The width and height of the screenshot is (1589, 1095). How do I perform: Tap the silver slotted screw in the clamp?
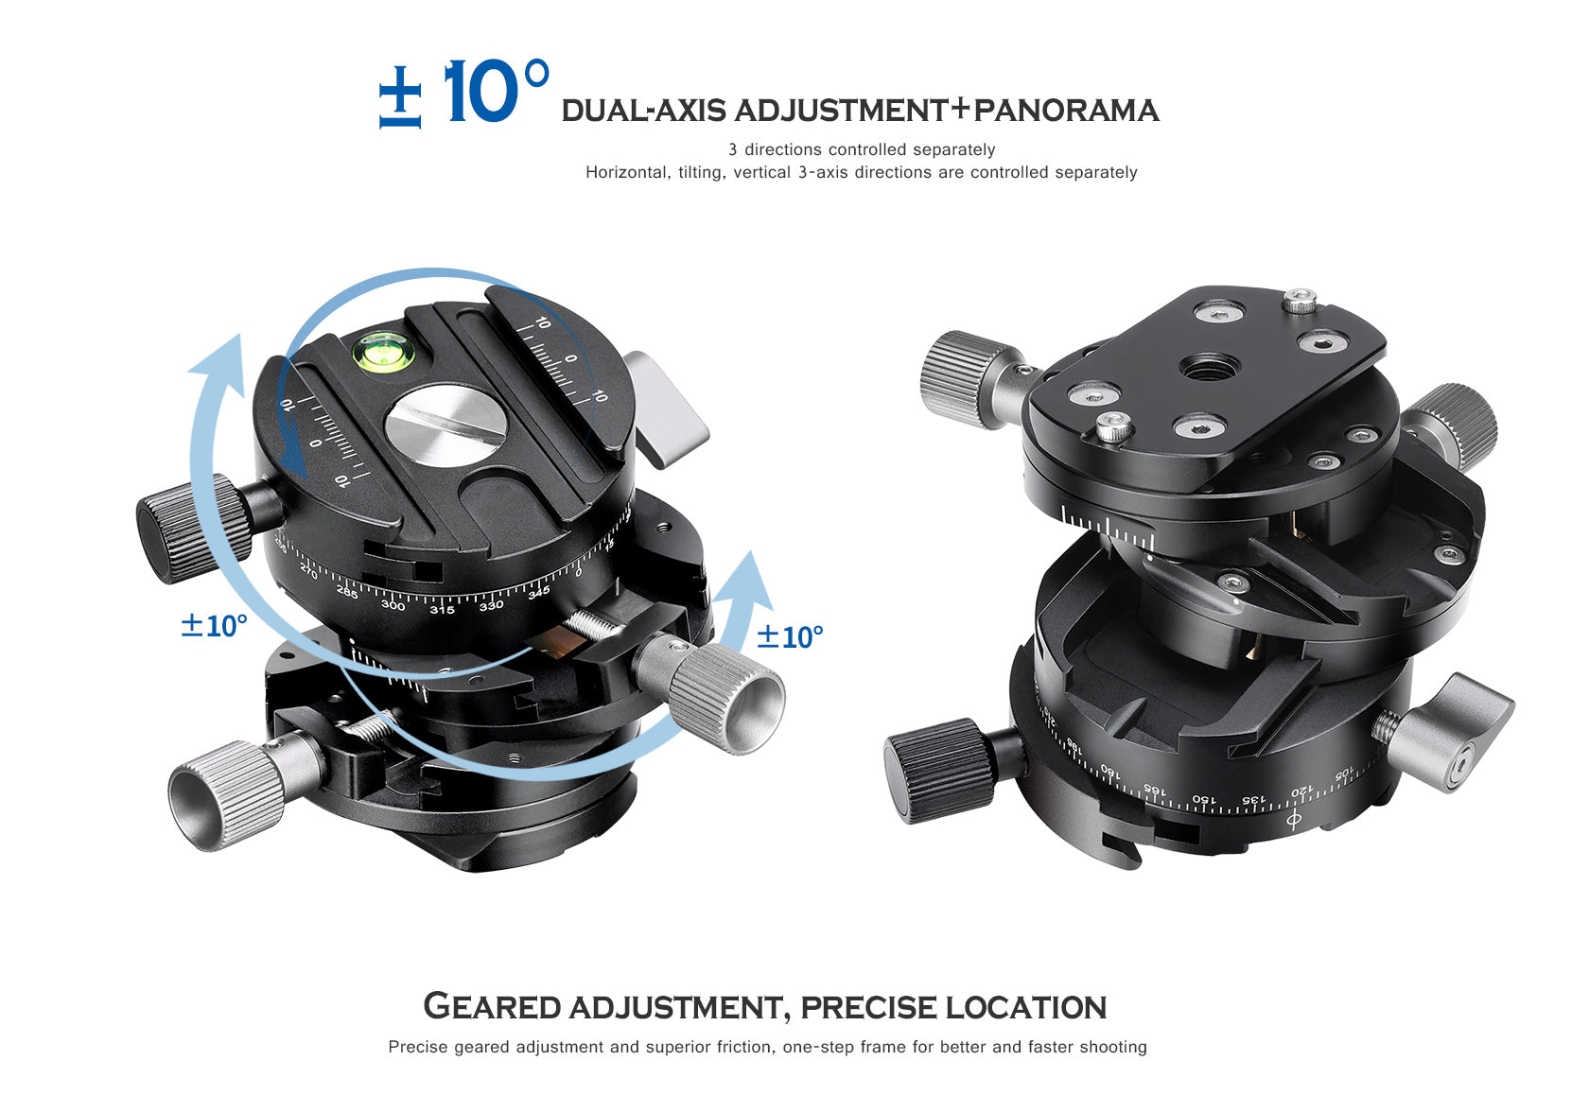pyautogui.click(x=445, y=426)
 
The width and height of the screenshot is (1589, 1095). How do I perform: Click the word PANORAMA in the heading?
pyautogui.click(x=1066, y=111)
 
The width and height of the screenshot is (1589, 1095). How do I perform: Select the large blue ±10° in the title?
pyautogui.click(x=464, y=93)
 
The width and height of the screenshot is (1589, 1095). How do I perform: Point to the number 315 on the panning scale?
pyautogui.click(x=442, y=609)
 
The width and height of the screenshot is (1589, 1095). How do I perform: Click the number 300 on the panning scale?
pyautogui.click(x=393, y=604)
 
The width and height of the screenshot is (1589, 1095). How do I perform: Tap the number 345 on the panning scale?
pyautogui.click(x=539, y=592)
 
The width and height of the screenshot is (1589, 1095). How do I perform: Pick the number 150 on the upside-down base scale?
pyautogui.click(x=1203, y=800)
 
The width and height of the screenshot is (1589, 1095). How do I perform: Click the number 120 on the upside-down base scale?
pyautogui.click(x=1301, y=791)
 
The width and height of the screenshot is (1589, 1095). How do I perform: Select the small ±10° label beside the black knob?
pyautogui.click(x=214, y=625)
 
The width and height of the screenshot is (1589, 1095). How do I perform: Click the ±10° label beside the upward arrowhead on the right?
pyautogui.click(x=790, y=636)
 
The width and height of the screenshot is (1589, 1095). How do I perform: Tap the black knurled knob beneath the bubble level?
pyautogui.click(x=194, y=529)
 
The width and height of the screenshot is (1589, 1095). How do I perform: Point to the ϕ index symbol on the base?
pyautogui.click(x=1294, y=820)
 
